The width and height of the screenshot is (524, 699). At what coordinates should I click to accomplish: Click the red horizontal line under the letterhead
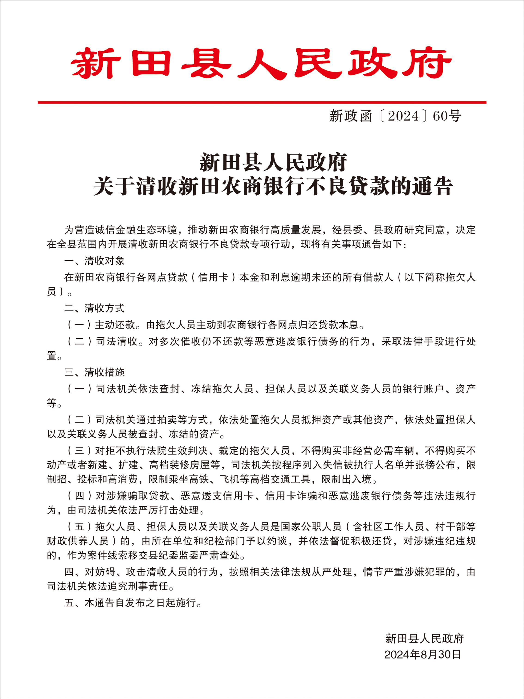point(262,102)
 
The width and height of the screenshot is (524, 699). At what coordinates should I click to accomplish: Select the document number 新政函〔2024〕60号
point(395,116)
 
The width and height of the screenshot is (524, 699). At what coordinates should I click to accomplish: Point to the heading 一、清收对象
point(94,261)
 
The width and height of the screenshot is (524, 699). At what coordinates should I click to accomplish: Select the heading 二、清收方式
point(94,308)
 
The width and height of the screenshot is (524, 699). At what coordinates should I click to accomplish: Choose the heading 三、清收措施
point(94,372)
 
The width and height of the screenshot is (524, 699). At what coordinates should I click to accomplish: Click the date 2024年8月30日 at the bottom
point(423,654)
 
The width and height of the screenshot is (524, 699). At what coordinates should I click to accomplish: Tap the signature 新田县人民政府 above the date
point(424,639)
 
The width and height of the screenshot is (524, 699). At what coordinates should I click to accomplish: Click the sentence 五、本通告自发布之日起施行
point(133,603)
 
